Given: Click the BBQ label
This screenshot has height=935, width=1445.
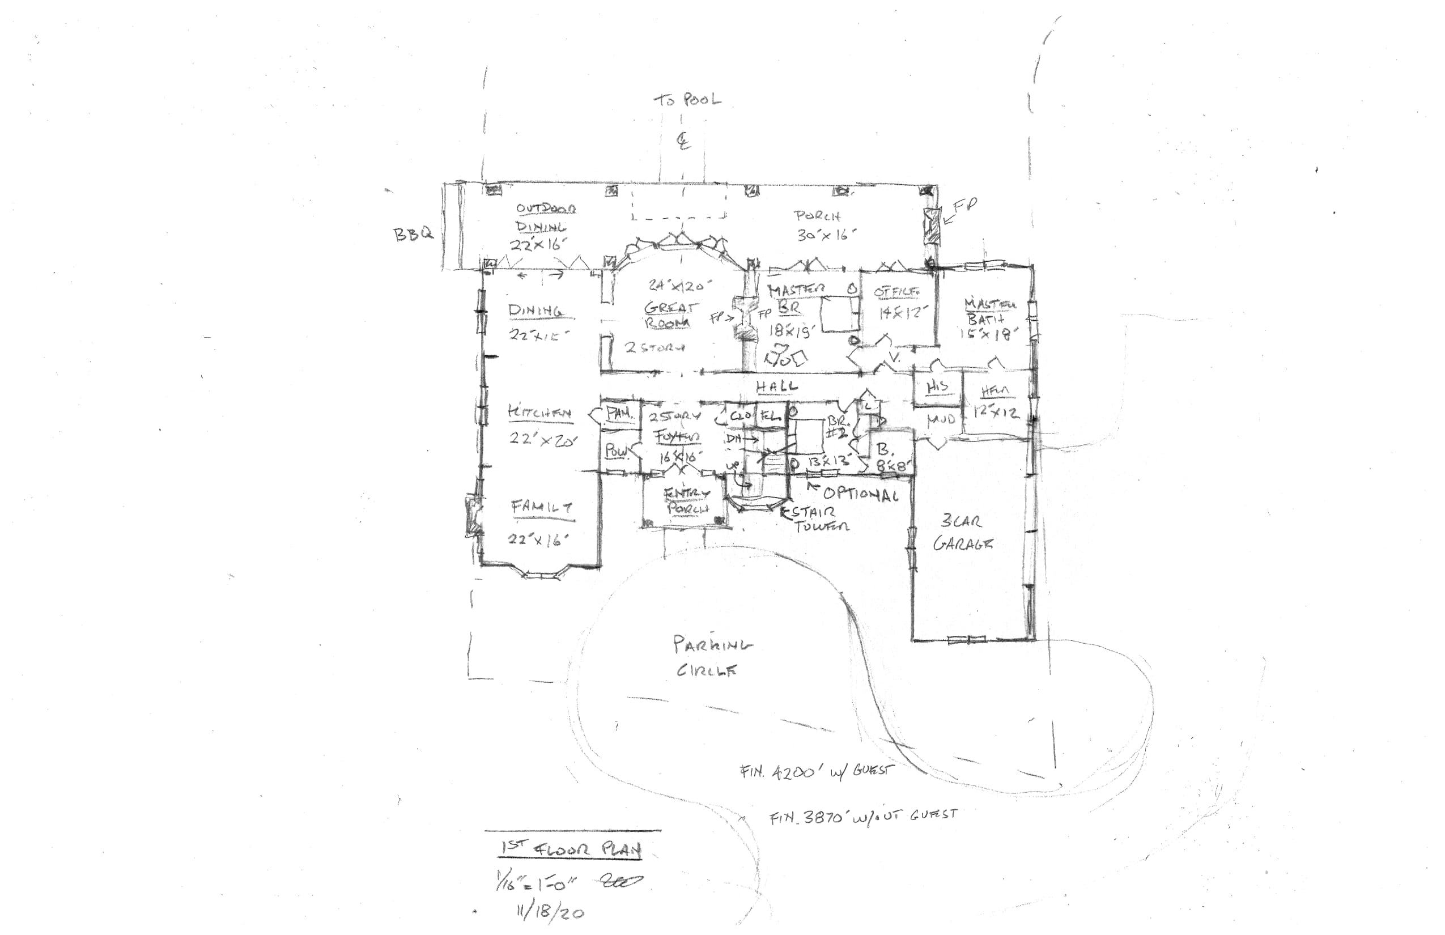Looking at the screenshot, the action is point(414,233).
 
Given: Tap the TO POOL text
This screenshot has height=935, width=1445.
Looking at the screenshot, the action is point(687,100).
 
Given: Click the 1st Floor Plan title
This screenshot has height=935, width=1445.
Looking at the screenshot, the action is point(571,849).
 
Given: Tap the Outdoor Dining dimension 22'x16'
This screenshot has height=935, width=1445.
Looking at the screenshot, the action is point(538,245).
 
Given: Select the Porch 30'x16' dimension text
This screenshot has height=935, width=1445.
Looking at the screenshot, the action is point(826,235).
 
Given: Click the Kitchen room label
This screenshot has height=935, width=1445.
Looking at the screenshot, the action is point(539,413).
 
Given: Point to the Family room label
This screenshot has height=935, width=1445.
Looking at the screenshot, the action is point(542,507).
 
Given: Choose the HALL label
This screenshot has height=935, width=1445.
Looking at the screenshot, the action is point(776,385).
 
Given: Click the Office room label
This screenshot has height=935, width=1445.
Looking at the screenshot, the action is point(896,292).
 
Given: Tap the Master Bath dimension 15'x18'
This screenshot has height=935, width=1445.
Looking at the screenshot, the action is point(988,333).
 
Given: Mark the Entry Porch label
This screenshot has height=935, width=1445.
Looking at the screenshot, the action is point(687,501).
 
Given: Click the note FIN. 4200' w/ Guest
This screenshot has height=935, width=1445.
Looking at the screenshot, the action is point(817,772).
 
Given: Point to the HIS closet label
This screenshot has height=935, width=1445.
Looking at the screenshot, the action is point(937,386).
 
